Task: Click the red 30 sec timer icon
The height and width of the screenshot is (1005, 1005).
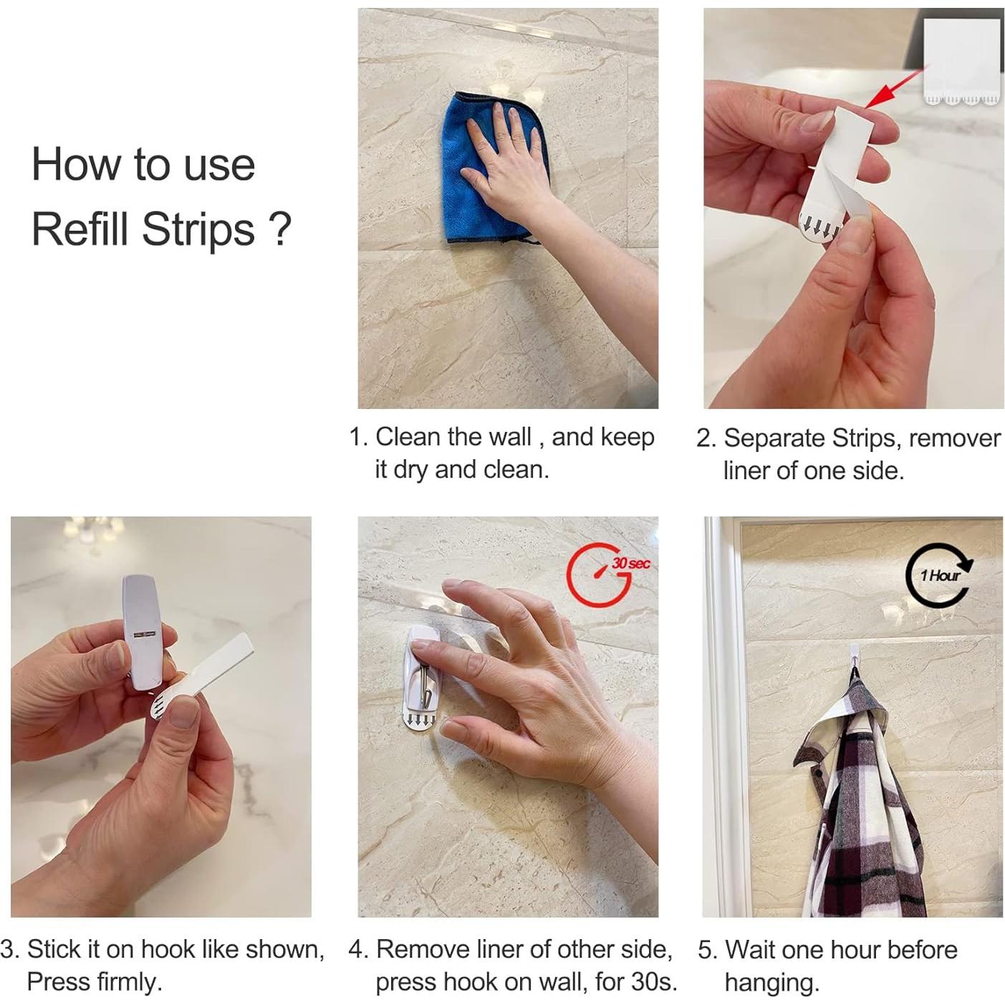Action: coord(605,574)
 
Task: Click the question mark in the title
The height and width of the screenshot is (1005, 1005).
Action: coord(281,229)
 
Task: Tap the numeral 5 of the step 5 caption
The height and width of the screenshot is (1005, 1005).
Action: coord(705,950)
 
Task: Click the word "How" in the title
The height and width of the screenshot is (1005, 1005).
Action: coord(76,165)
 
